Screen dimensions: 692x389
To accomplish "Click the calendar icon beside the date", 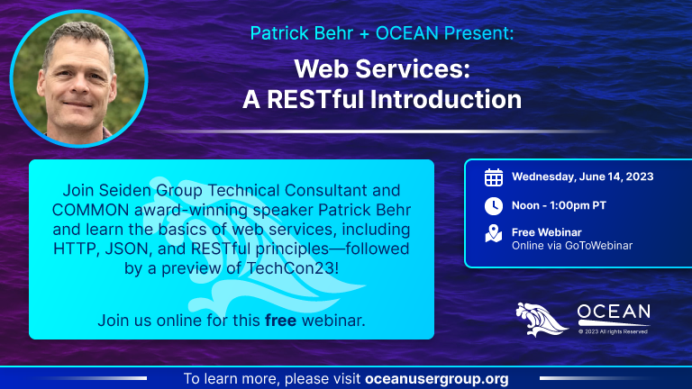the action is (x=494, y=177).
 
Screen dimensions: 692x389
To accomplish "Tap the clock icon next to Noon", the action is (x=494, y=206).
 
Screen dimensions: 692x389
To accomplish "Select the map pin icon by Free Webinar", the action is (x=494, y=234).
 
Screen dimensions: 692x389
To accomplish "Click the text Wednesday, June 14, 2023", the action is (x=583, y=176).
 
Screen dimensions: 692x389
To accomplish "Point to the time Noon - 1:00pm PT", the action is (x=559, y=205).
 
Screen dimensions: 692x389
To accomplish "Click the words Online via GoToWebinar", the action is (x=572, y=246).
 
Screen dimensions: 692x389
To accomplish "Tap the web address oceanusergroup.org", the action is (x=437, y=379).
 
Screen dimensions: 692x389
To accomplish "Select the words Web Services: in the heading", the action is (x=382, y=69).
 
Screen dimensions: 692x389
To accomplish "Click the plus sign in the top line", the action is (x=364, y=34).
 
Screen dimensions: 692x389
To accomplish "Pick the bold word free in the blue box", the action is (x=281, y=321).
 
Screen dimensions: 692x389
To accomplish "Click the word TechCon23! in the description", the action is (x=293, y=268).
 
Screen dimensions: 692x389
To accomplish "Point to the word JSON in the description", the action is (x=128, y=249).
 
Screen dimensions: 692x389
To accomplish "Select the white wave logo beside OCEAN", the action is (x=542, y=320).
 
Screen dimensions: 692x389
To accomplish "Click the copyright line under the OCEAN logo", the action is (x=613, y=331).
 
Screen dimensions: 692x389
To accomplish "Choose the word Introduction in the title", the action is (x=446, y=99).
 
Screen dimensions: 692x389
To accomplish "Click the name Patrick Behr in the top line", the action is (x=302, y=33).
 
